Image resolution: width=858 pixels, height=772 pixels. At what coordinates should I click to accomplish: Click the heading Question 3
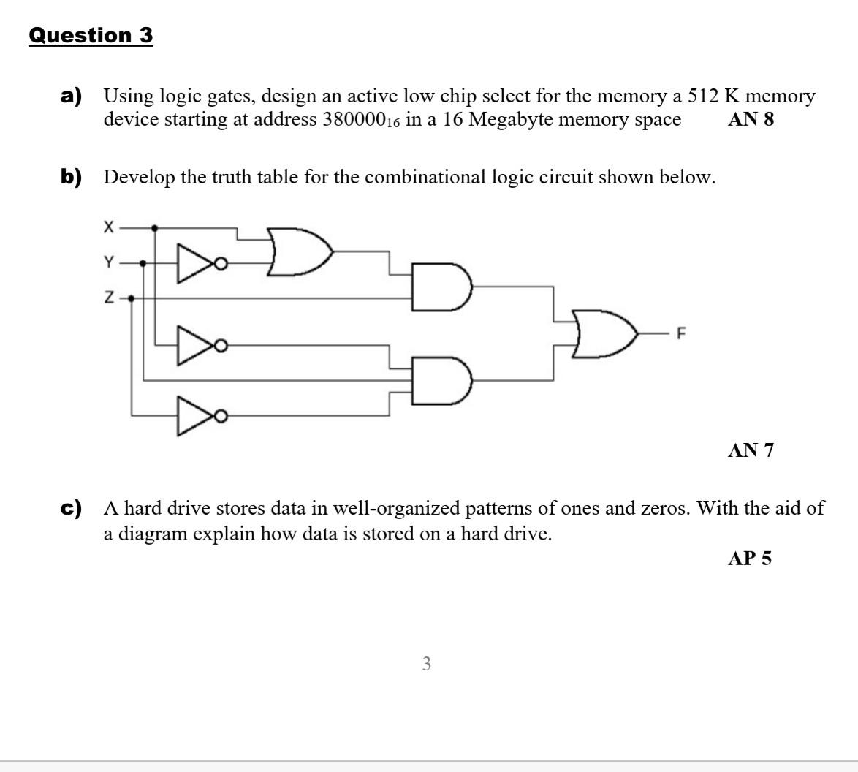tap(91, 35)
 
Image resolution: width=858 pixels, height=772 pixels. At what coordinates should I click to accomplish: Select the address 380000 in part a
tap(356, 119)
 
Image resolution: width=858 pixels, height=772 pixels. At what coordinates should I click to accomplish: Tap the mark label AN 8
tap(751, 119)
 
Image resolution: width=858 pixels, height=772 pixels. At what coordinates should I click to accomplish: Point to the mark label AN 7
tap(751, 450)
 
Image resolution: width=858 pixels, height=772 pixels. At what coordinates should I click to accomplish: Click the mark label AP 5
tap(750, 559)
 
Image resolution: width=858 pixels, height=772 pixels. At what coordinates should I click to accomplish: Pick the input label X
tap(108, 228)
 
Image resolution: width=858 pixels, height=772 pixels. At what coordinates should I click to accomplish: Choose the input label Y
tap(108, 262)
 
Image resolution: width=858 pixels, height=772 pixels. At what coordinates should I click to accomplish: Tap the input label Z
tap(108, 298)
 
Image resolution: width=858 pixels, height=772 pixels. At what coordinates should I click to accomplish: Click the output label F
tap(681, 334)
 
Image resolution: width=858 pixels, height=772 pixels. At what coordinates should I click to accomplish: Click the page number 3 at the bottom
tap(427, 664)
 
